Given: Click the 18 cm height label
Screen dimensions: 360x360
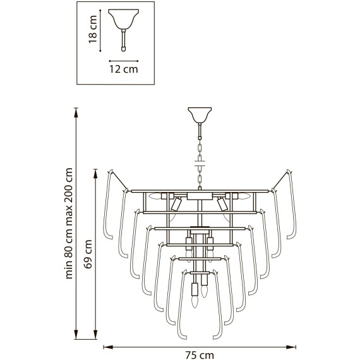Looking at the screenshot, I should (92, 30).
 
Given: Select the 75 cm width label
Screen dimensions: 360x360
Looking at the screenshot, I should (200, 354).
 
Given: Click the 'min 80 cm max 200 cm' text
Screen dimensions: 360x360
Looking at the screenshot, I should (69, 224).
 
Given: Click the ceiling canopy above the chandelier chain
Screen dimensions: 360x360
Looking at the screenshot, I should (200, 116).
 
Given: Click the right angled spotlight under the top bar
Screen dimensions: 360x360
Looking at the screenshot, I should (222, 204).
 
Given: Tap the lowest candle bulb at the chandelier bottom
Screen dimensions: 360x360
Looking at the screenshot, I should (195, 301).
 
